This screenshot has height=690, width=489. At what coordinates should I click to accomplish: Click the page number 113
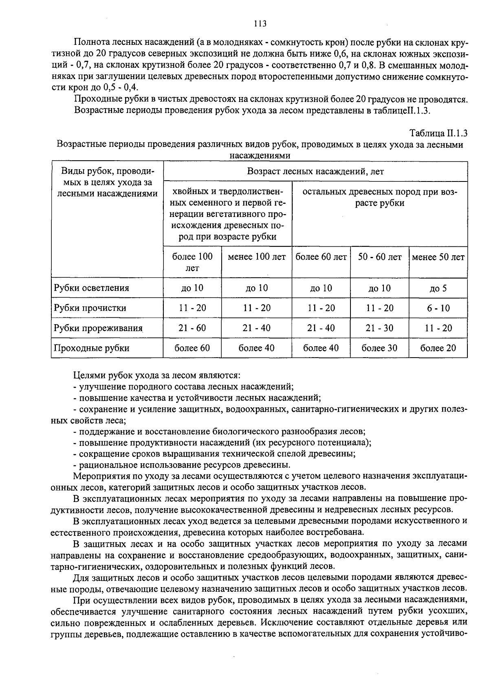click(x=260, y=24)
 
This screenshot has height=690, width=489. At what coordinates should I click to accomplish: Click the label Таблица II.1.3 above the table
click(x=438, y=133)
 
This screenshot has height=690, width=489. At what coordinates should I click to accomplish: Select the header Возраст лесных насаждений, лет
click(x=315, y=171)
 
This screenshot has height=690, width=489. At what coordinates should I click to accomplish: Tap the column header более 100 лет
click(x=192, y=262)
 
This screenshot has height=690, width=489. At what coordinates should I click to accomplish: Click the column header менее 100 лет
click(x=257, y=257)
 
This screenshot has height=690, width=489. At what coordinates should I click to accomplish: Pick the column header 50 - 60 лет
click(x=379, y=257)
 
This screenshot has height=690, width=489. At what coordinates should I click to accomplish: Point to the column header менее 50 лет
click(x=438, y=257)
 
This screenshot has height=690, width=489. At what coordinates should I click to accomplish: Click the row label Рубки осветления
click(x=92, y=288)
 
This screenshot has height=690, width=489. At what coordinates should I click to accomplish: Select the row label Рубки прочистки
click(x=90, y=308)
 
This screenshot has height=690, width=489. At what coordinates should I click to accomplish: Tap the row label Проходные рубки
click(x=92, y=348)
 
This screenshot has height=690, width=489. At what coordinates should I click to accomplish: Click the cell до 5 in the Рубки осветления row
click(x=438, y=288)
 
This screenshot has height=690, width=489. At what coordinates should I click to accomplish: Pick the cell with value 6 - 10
click(x=438, y=308)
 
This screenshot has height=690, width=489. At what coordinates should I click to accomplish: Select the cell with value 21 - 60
click(x=192, y=328)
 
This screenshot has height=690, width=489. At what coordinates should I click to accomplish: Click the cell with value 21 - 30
click(x=379, y=328)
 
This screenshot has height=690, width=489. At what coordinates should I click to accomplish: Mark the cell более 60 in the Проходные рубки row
click(x=192, y=348)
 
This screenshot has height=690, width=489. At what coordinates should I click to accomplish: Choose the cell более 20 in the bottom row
click(x=438, y=348)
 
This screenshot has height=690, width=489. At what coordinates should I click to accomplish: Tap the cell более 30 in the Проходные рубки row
click(x=379, y=348)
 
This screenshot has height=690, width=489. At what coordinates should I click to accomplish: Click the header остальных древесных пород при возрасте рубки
click(x=379, y=197)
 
